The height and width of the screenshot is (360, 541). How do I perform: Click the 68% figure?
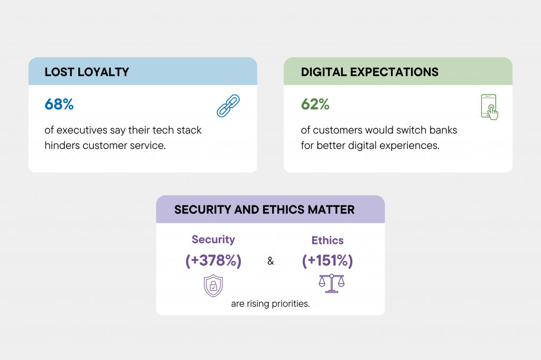[59, 104]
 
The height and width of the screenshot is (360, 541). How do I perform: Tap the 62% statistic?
[315, 104]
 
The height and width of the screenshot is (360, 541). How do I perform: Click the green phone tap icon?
[490, 107]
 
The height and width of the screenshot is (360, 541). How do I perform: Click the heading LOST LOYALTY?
[87, 72]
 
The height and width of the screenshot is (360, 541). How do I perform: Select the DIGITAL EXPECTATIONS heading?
[369, 72]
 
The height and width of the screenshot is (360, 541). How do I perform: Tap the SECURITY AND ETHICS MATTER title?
[264, 210]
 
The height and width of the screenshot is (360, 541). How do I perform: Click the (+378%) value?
[213, 261]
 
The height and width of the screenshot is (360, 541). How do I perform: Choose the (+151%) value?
[328, 261]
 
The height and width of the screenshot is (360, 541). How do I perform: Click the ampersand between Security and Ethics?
[270, 261]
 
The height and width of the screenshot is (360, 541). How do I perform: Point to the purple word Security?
[213, 240]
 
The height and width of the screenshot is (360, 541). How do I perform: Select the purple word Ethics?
[328, 240]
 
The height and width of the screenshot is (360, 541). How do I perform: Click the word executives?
[82, 130]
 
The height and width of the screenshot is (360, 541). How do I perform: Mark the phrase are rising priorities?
[270, 304]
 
